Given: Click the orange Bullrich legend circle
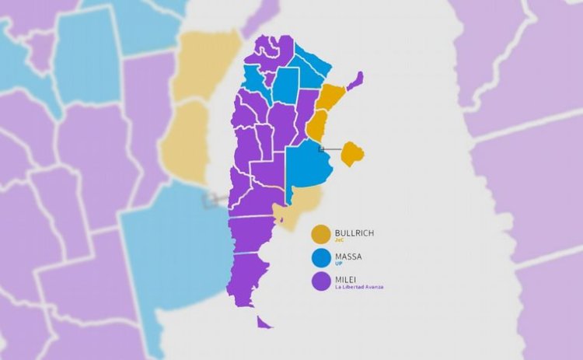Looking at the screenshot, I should [321, 234].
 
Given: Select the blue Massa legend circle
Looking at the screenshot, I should [321, 258].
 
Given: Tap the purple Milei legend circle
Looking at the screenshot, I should [321, 281].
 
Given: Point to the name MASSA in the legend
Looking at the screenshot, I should [347, 257].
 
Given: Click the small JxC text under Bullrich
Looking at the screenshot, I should [339, 240].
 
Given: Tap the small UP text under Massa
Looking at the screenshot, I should [337, 264].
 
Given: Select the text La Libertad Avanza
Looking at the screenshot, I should [358, 288].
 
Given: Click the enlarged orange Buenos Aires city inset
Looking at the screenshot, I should [352, 152].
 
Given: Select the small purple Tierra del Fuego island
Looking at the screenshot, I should [264, 322].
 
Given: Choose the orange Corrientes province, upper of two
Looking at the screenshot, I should [330, 97].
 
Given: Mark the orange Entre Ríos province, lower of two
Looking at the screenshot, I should [316, 124].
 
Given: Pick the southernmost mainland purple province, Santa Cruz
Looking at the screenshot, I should [246, 276].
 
